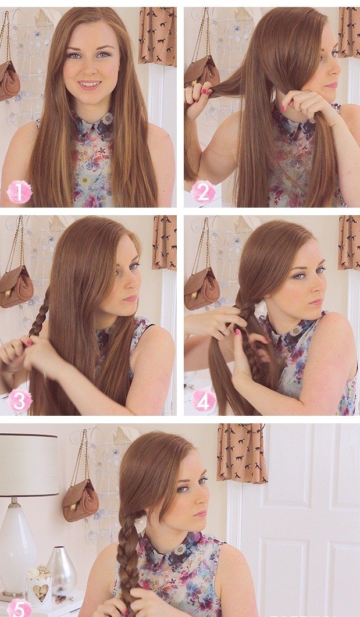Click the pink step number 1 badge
click(x=19, y=192)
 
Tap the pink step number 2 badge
click(x=203, y=192)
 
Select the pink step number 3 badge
click(x=19, y=400)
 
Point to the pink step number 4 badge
click(x=204, y=400)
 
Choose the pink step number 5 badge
click(x=19, y=608)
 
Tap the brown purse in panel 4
click(x=202, y=287)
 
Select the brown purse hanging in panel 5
click(x=80, y=500)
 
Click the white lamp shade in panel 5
click(x=28, y=465)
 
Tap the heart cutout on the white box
click(x=41, y=591)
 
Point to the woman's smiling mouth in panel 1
click(x=90, y=84)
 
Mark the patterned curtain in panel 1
click(x=158, y=36)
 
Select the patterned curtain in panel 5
click(x=241, y=453)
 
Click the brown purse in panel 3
click(x=16, y=286)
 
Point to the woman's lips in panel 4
click(x=316, y=302)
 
